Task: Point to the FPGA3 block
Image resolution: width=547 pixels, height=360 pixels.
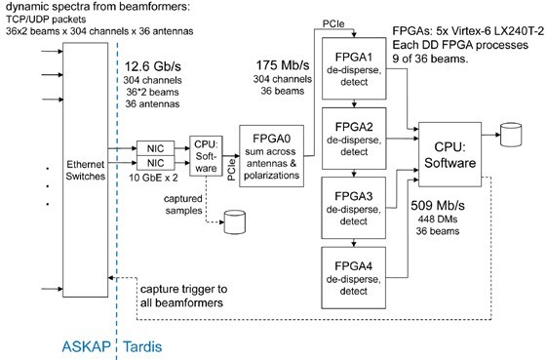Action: (x=354, y=207)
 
